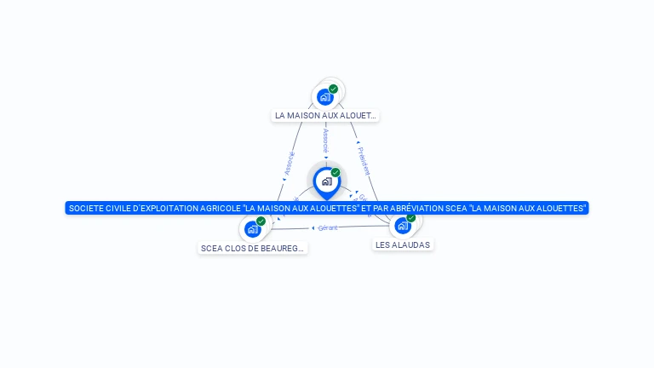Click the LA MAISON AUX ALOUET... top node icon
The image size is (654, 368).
324,97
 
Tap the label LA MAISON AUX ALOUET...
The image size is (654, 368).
325,115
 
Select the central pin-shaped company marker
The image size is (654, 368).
326,181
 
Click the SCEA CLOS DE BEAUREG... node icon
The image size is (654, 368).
252,229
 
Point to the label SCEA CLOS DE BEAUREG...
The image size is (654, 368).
253,249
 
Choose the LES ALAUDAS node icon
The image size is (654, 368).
403,226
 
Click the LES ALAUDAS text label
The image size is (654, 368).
404,244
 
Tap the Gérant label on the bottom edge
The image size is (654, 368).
329,227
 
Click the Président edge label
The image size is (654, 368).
364,161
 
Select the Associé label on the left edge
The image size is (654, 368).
289,163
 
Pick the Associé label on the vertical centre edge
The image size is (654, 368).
326,141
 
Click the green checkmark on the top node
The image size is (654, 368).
333,89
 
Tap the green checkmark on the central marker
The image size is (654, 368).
336,173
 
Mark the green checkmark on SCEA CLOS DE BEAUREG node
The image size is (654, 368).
261,221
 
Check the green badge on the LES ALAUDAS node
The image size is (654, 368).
411,218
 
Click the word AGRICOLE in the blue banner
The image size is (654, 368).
215,208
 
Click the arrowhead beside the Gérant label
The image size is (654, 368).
313,227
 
